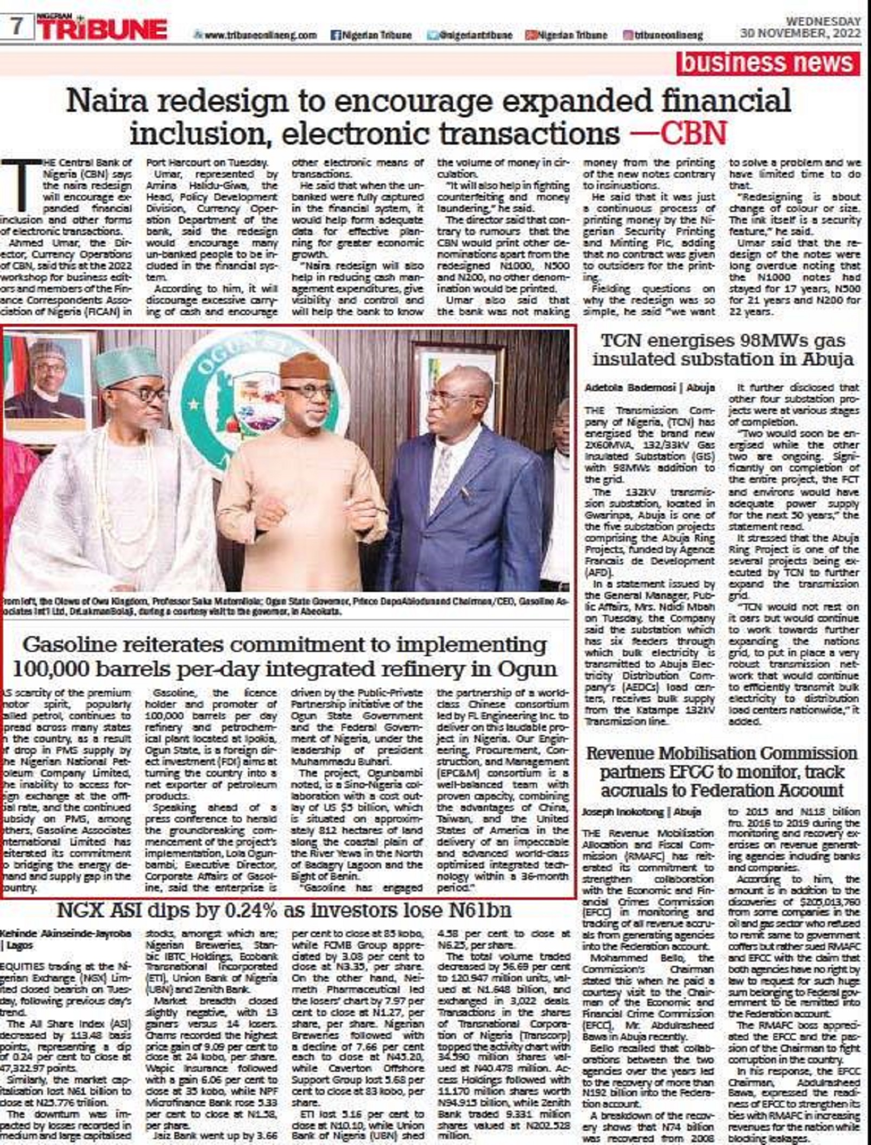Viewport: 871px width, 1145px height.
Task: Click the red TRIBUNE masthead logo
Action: (x=103, y=28)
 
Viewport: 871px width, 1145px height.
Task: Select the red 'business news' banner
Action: (x=767, y=63)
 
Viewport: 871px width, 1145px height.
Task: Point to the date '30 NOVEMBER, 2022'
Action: (x=800, y=34)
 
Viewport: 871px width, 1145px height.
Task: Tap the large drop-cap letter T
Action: (x=22, y=185)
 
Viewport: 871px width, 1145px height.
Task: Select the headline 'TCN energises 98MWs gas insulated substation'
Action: (x=723, y=350)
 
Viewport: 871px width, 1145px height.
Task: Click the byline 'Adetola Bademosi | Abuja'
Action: (x=649, y=388)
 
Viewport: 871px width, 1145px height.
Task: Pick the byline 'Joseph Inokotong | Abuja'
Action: (x=641, y=812)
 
